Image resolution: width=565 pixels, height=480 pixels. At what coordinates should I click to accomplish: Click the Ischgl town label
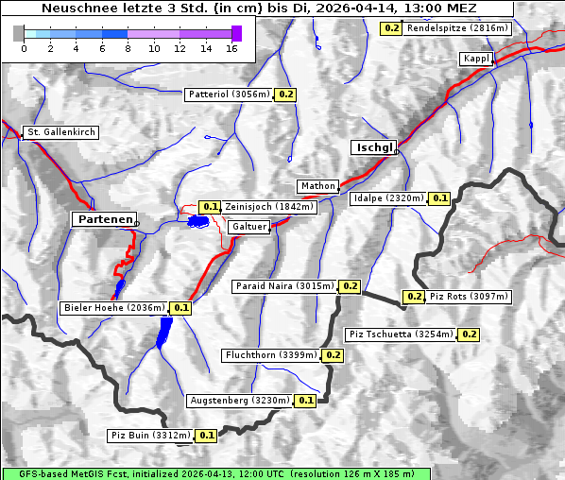(373, 147)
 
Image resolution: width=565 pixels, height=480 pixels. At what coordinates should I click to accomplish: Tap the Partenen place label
(104, 219)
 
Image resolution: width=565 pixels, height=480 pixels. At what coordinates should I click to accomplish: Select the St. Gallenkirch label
(60, 132)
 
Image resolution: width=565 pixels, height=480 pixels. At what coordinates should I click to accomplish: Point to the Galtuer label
(249, 227)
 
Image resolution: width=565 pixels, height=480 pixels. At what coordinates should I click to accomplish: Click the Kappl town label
(475, 60)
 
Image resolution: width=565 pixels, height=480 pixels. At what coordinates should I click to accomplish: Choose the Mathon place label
(317, 186)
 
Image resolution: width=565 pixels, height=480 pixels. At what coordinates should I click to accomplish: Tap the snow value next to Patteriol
(286, 94)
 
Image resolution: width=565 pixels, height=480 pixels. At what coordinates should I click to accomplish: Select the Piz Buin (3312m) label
(150, 436)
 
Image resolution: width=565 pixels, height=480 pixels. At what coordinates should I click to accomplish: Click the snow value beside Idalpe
(439, 198)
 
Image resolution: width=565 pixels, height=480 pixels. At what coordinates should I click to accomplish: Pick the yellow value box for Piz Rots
(414, 297)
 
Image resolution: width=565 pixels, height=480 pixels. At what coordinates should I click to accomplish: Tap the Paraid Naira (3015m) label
(283, 285)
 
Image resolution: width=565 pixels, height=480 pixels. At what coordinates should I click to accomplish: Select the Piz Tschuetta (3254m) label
(402, 334)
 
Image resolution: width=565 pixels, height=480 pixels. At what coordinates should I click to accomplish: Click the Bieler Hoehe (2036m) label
(113, 307)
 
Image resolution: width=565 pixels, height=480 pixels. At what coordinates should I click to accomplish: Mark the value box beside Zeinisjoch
(210, 207)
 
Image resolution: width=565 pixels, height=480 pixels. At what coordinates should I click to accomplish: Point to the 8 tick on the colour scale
(128, 48)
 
